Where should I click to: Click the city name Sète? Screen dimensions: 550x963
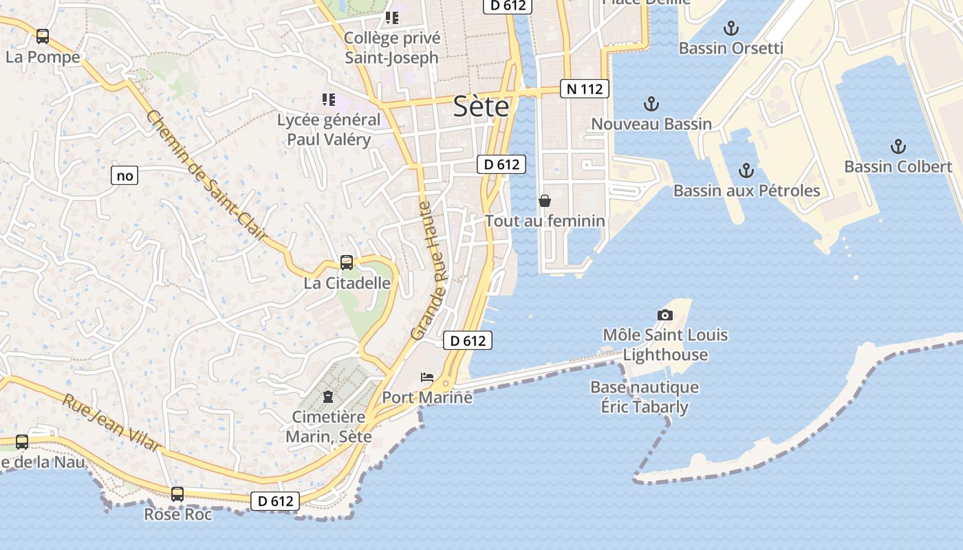point(481,107)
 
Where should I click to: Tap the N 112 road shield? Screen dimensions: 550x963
point(585,89)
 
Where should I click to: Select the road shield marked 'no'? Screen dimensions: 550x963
point(125,176)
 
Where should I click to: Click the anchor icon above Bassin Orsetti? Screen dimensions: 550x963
point(731,29)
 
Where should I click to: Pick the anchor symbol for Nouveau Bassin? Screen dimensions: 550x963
point(651,104)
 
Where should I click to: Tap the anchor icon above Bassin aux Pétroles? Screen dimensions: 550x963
point(746,170)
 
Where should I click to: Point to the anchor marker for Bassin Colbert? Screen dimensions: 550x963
point(898,146)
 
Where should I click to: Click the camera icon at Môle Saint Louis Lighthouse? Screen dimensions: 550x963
point(664,315)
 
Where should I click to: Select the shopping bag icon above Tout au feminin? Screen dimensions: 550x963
point(545,201)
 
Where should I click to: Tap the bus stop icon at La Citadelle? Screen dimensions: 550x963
point(347,263)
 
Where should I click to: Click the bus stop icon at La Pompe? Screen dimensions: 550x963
point(43,36)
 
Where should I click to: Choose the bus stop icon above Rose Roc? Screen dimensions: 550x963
point(177,494)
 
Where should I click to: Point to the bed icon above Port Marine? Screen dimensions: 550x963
point(427,377)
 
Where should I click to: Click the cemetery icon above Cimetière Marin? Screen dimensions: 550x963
point(328,397)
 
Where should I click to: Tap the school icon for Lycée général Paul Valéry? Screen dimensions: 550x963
point(329,100)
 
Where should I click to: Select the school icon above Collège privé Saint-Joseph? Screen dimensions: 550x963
point(391,18)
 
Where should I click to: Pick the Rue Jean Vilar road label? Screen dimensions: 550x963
point(111,422)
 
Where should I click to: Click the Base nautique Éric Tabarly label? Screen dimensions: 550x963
point(645,397)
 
